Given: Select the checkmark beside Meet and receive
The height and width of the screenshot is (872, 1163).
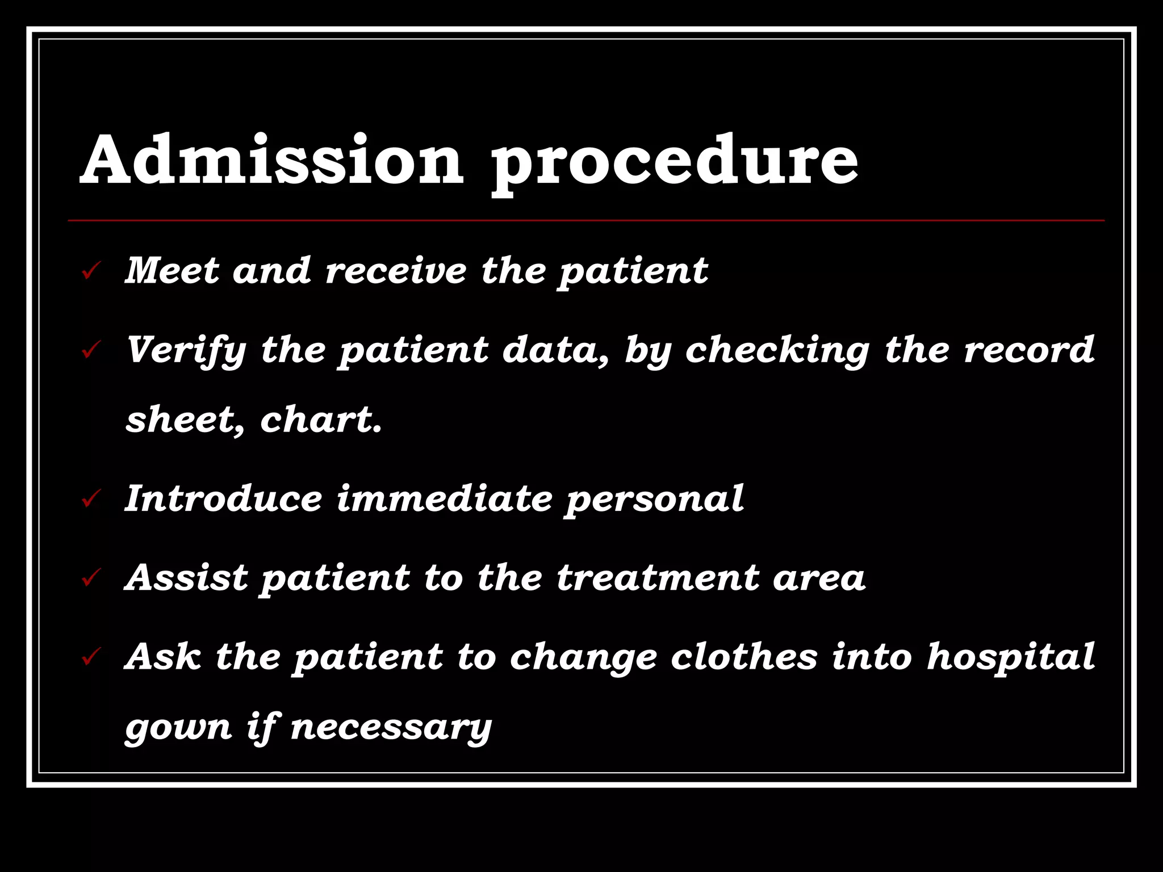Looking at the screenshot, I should (x=91, y=271).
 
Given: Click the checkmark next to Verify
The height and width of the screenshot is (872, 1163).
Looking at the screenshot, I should (x=91, y=350).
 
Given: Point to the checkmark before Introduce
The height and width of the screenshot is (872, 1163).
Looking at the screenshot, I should (x=91, y=499).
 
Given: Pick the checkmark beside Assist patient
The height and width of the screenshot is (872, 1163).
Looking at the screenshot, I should (x=91, y=578).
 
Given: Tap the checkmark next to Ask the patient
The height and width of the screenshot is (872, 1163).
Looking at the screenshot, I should (x=91, y=657).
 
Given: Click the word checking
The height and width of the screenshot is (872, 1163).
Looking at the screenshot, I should (x=777, y=351).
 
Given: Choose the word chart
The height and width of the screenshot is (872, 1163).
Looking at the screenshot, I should (x=321, y=420).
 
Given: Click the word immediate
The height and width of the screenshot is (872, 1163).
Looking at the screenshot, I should (x=444, y=498).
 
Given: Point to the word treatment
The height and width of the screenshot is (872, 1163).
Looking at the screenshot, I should (x=658, y=577).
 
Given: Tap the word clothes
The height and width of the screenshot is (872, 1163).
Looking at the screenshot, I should (x=744, y=656).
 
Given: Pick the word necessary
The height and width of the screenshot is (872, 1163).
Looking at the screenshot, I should (x=391, y=727).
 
